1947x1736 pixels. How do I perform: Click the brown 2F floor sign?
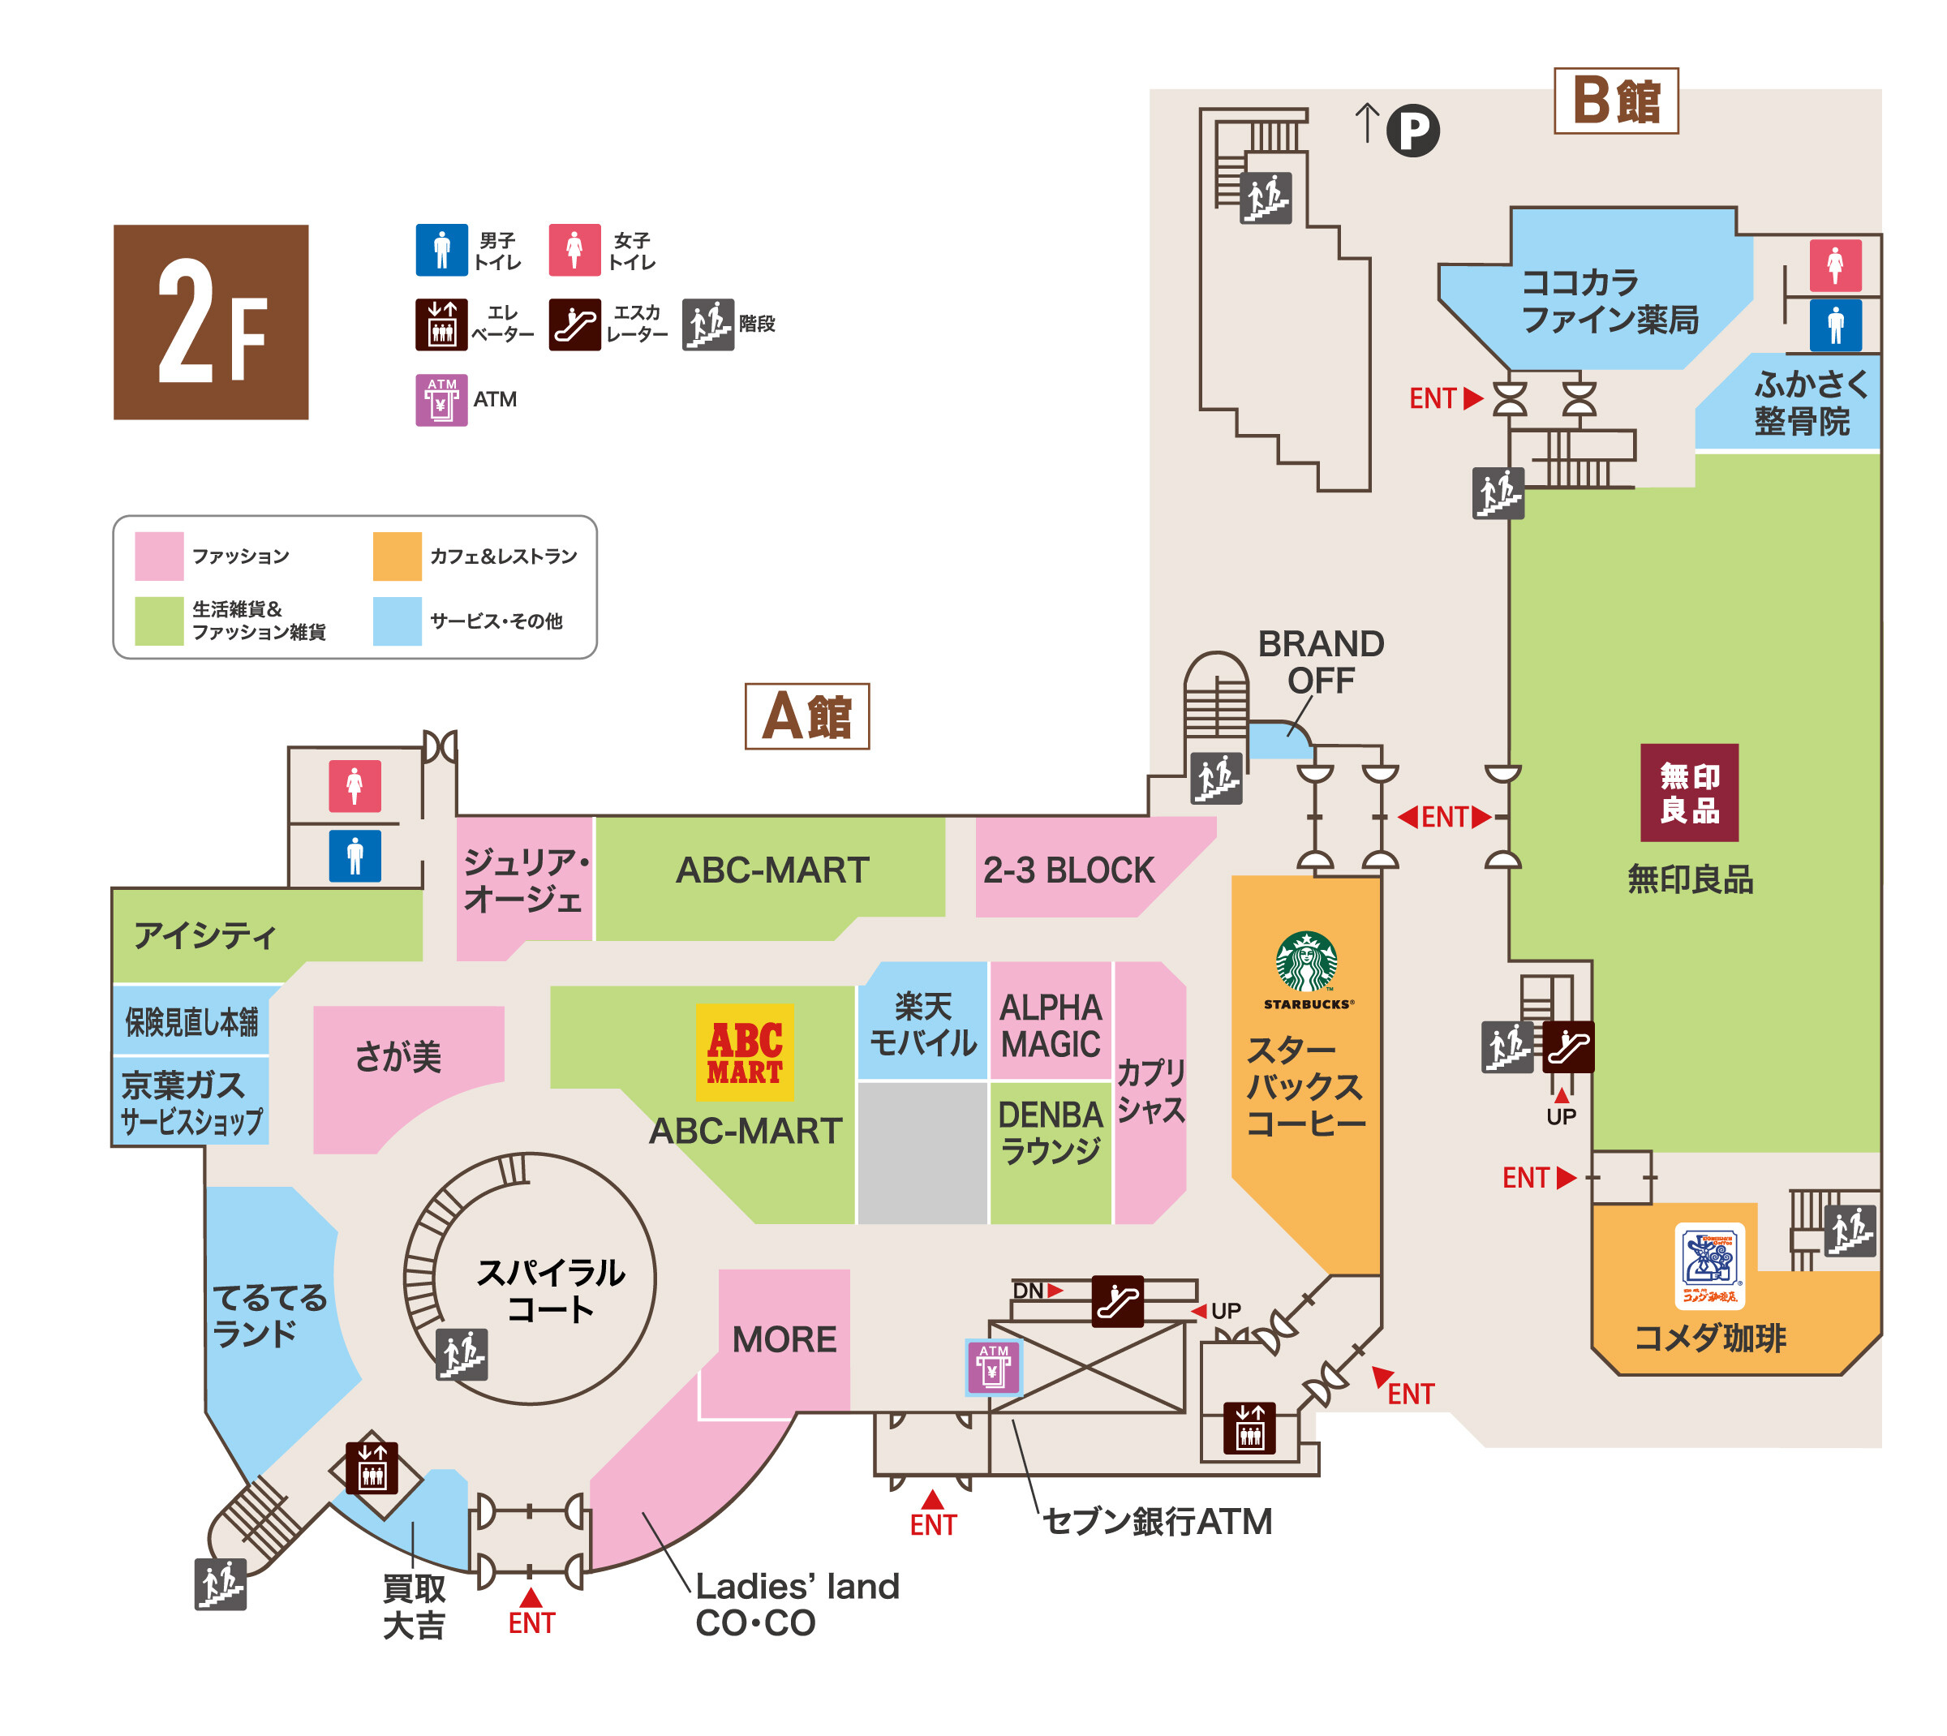click(211, 321)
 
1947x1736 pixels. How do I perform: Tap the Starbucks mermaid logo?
click(1306, 961)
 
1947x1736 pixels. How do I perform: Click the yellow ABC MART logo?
click(744, 1052)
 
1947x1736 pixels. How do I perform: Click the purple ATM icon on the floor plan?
click(993, 1367)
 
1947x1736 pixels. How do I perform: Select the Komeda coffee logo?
click(1709, 1265)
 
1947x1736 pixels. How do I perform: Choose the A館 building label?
click(807, 715)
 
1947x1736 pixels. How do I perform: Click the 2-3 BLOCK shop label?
click(1068, 870)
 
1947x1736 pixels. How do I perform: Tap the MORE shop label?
click(784, 1339)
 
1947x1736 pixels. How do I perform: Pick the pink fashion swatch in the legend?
click(158, 556)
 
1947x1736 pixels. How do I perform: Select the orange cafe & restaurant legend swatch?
click(397, 556)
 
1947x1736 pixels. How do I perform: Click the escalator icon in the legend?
click(574, 324)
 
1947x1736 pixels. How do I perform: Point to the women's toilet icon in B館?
click(1835, 265)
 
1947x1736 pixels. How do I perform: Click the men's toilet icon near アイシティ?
click(355, 856)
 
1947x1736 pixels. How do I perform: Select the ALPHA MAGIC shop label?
click(1051, 1025)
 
